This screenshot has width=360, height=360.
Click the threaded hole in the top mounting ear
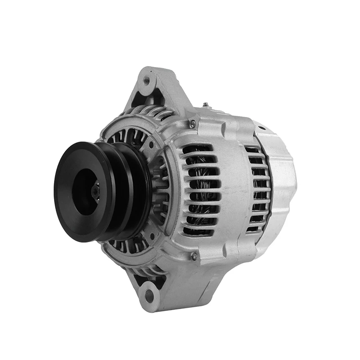[146, 81]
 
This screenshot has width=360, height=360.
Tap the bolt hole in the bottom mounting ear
[148, 295]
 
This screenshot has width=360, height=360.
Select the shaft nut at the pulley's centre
[95, 191]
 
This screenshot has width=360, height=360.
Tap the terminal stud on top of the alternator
[205, 105]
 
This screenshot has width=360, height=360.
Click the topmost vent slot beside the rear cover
[255, 150]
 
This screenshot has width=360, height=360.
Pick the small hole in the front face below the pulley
[152, 235]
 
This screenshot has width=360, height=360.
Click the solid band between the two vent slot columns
[234, 189]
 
